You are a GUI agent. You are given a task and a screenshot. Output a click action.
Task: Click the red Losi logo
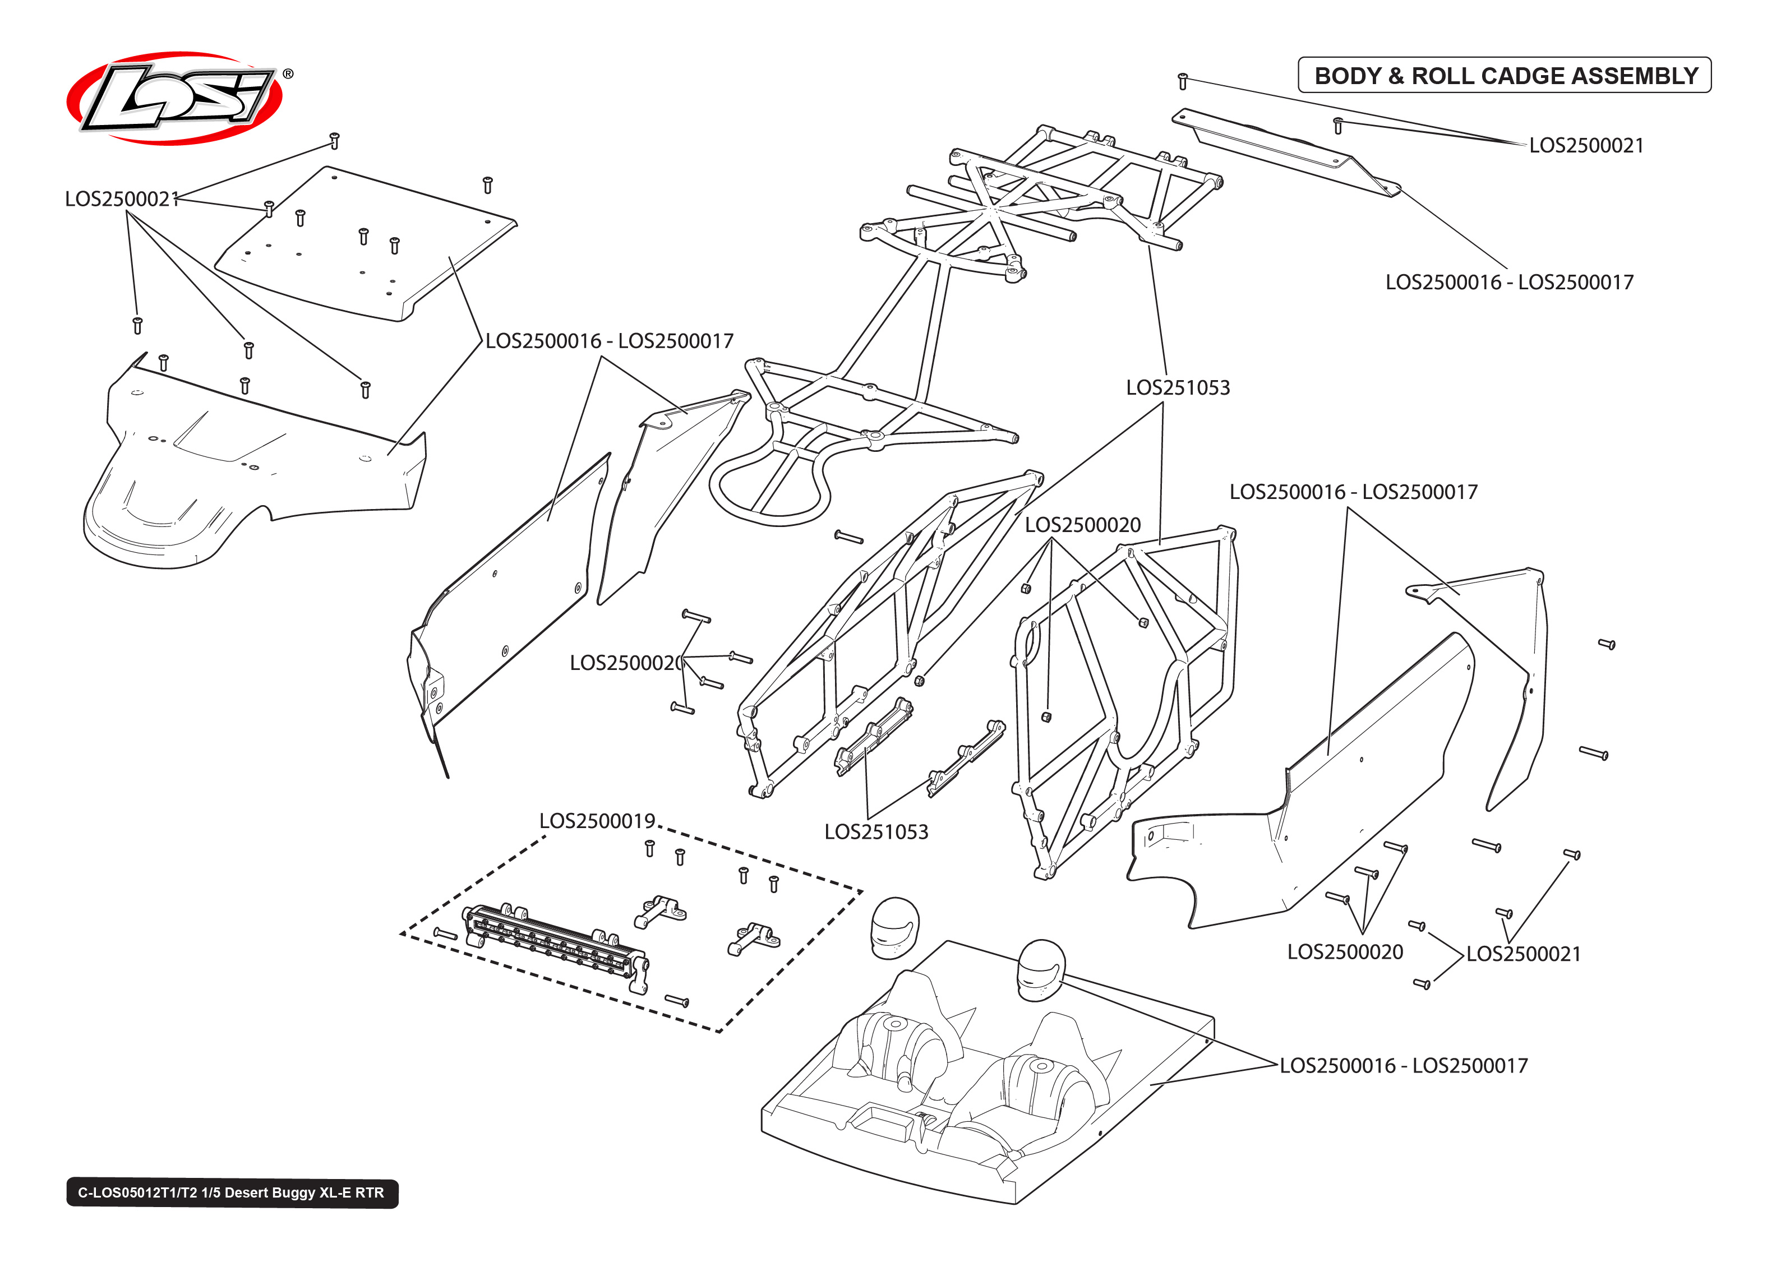pyautogui.click(x=175, y=99)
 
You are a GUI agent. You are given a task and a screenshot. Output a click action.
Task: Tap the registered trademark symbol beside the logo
pyautogui.click(x=288, y=74)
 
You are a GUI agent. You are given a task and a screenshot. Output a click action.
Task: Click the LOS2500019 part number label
pyautogui.click(x=597, y=821)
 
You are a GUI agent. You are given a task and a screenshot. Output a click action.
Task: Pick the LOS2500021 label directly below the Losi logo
pyautogui.click(x=121, y=199)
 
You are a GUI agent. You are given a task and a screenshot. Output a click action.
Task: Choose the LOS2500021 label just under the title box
pyautogui.click(x=1586, y=145)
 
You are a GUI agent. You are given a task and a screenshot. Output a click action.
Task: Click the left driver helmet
pyautogui.click(x=894, y=927)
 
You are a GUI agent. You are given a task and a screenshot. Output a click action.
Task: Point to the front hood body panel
pyautogui.click(x=248, y=466)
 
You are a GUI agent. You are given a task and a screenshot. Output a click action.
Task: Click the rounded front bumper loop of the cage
pyautogui.click(x=769, y=489)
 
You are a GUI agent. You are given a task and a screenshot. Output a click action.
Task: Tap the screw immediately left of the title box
pyautogui.click(x=1183, y=80)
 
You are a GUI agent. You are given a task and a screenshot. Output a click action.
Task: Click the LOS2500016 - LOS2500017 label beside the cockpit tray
pyautogui.click(x=1404, y=1065)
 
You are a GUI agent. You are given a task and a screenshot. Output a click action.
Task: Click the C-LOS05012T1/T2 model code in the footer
pyautogui.click(x=137, y=1193)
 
